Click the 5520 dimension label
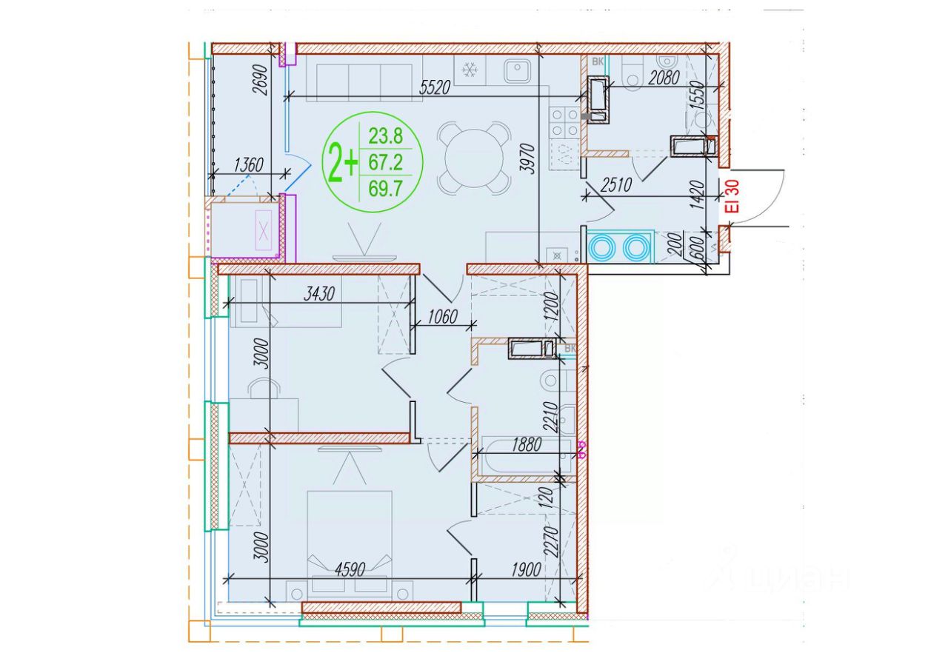(x=435, y=87)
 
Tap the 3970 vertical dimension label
(x=528, y=159)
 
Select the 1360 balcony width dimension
(x=249, y=164)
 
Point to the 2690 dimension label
(x=260, y=79)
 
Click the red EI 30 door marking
(x=732, y=196)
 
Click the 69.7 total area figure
(x=385, y=188)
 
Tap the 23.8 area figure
(x=386, y=136)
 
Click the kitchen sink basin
(x=517, y=72)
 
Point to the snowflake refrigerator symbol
(x=469, y=70)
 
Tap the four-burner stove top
(x=564, y=123)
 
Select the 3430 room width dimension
(x=319, y=294)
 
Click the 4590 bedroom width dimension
(x=350, y=570)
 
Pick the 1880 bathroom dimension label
(x=527, y=444)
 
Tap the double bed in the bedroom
(x=350, y=546)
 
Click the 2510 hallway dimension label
(x=616, y=185)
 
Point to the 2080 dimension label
(x=664, y=78)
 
